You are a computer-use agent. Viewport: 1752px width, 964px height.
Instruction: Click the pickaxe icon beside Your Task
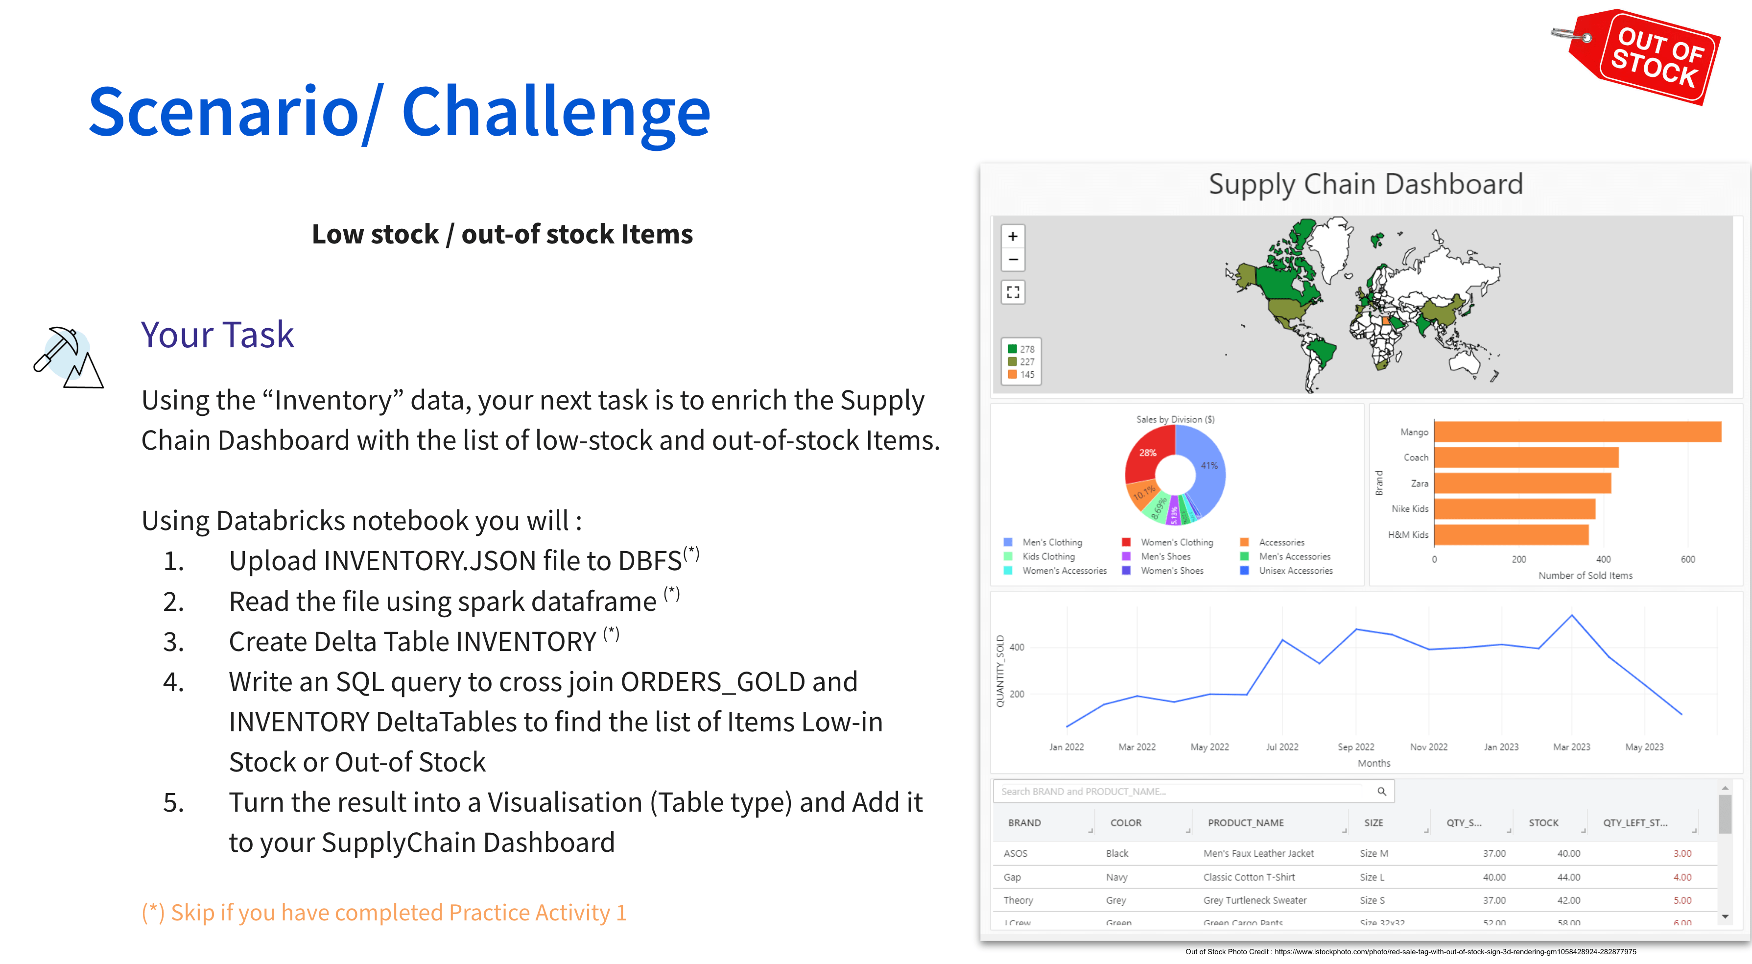pos(67,357)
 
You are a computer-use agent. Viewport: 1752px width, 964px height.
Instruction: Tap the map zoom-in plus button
pos(1013,236)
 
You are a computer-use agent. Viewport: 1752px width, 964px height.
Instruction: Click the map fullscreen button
pos(1013,292)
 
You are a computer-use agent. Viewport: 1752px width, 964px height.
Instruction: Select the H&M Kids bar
pos(1511,535)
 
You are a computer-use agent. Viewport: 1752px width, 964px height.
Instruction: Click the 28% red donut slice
pos(1148,453)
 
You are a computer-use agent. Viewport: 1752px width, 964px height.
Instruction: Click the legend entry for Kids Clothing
pos(1048,556)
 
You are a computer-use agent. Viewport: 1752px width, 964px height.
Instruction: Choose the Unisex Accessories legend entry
pos(1295,571)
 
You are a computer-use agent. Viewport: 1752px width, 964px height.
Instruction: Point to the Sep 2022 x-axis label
pos(1355,747)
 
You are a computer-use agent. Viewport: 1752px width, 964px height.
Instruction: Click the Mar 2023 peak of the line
pos(1571,616)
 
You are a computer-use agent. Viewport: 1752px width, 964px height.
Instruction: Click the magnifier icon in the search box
pos(1381,791)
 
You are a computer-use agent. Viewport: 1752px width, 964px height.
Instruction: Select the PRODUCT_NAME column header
pos(1245,822)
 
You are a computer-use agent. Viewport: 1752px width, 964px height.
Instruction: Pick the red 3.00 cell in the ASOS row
pos(1681,853)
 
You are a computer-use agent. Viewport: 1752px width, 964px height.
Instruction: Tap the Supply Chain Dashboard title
pos(1365,184)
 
